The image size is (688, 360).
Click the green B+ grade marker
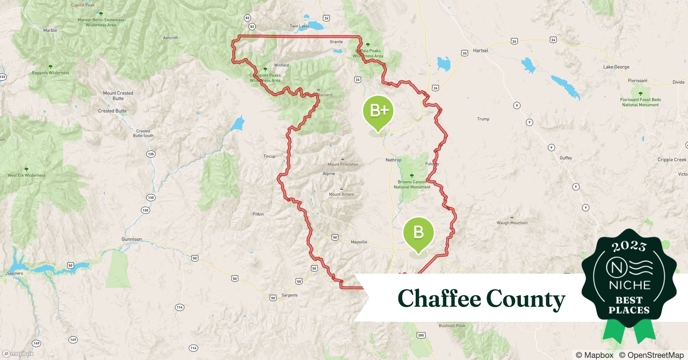pos(378,111)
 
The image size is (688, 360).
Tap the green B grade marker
pos(419,233)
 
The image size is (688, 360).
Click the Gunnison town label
pos(131,239)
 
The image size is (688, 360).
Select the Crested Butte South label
pos(143,133)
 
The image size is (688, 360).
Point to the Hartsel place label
pos(481,51)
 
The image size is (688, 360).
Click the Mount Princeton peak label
pos(343,165)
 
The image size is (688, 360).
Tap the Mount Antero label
pos(341,194)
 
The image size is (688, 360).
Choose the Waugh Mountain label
pos(512,223)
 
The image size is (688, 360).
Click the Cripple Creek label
pos(672,160)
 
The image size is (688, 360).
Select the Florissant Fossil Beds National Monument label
pos(640,102)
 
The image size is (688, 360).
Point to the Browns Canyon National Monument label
pos(412,184)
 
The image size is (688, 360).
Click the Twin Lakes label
pos(299,26)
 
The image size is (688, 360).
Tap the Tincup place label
pos(269,156)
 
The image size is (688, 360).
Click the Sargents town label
pos(289,295)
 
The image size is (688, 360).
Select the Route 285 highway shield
pos(421,335)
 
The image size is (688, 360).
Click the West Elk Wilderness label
pos(27,175)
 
